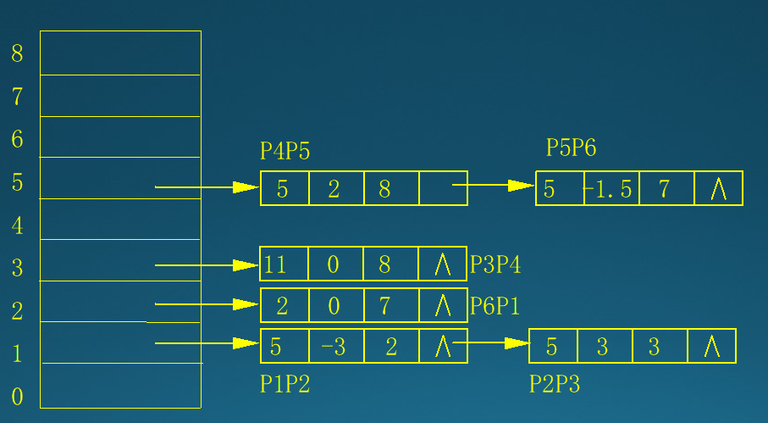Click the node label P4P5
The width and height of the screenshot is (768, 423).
click(285, 152)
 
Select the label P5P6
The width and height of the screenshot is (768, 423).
click(571, 148)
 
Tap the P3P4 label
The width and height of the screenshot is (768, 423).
click(495, 264)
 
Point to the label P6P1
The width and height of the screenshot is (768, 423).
click(495, 306)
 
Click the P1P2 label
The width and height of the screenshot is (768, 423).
click(285, 384)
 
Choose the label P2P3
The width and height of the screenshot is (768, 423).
click(555, 384)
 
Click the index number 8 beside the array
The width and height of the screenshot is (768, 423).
click(17, 54)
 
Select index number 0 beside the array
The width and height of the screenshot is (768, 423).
click(17, 397)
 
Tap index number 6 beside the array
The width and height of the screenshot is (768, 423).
click(17, 140)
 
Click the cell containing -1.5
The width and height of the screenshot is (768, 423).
click(611, 189)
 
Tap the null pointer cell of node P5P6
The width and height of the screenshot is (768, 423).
click(718, 189)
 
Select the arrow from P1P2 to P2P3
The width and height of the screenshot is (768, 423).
click(491, 343)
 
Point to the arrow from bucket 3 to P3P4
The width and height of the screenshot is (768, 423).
click(207, 265)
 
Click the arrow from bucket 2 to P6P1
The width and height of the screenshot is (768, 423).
click(207, 304)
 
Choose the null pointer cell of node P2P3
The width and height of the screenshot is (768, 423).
click(711, 347)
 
